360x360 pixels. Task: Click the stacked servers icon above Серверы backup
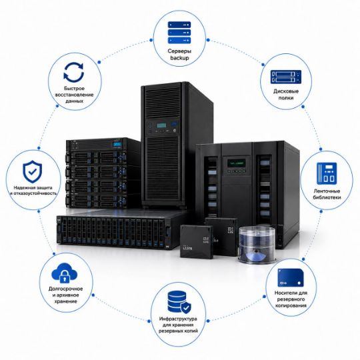[179, 33]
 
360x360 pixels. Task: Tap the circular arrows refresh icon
[74, 72]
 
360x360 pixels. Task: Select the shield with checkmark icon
[33, 171]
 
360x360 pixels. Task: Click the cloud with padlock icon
[65, 273]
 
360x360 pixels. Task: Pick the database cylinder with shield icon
[179, 302]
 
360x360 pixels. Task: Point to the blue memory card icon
[291, 277]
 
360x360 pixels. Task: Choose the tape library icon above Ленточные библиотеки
[327, 173]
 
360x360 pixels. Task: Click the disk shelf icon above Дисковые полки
[286, 77]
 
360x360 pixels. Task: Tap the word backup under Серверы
[179, 58]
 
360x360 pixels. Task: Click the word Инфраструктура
[178, 319]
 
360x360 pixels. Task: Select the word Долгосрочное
[65, 289]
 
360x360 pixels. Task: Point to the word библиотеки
[327, 197]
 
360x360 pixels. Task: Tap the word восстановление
[74, 95]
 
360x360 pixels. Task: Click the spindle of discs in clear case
[257, 245]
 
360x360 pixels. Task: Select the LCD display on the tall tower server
[161, 125]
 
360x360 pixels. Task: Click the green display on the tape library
[237, 163]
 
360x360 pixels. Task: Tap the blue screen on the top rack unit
[117, 145]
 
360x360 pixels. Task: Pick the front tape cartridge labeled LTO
[197, 241]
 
